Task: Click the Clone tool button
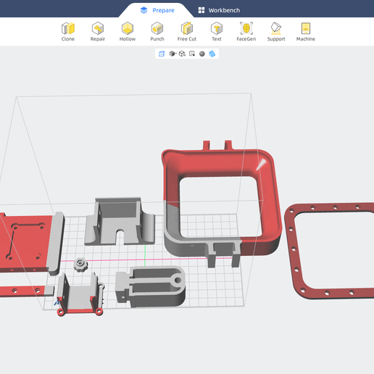coord(68,32)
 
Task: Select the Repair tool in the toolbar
coord(98,32)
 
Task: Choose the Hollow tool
coord(128,32)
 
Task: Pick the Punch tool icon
coord(157,32)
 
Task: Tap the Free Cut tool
coord(187,32)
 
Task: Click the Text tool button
coord(217,32)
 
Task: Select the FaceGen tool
coord(246,32)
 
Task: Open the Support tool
coord(276,32)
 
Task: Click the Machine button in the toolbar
coord(306,32)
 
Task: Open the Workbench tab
coord(219,10)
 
